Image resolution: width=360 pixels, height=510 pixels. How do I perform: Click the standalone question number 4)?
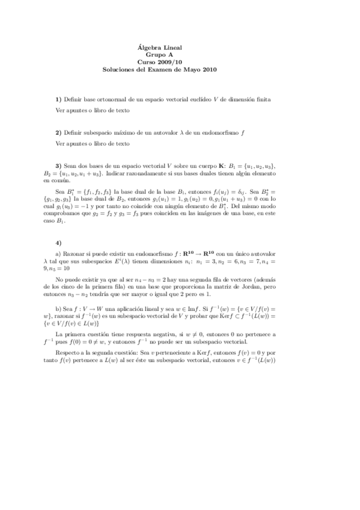[58, 243]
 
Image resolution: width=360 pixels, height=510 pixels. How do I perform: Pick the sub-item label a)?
[58, 254]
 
